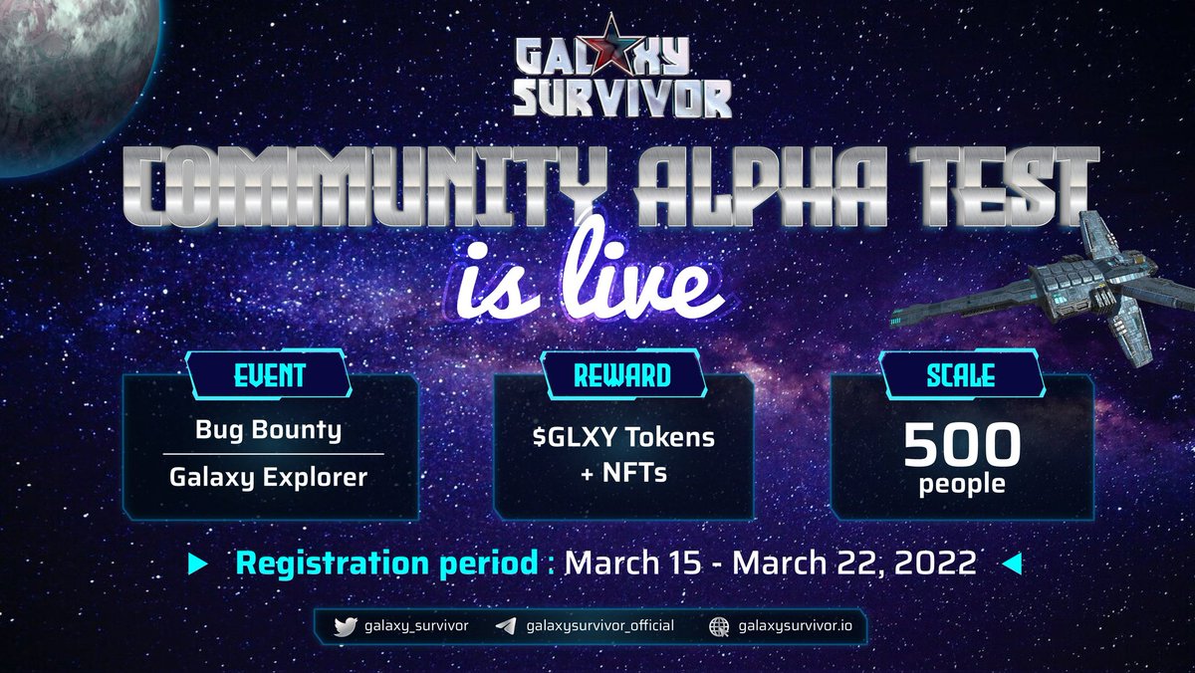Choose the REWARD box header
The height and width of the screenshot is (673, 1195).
coord(621,375)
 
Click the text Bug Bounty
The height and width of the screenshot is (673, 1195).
coord(269,431)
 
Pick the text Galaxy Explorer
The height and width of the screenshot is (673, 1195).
coord(269,477)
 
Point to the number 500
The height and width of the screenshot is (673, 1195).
coord(962,448)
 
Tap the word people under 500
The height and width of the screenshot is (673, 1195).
coord(962,487)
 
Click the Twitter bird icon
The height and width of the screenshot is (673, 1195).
coord(345,626)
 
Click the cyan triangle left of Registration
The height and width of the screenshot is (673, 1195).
coord(197,563)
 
